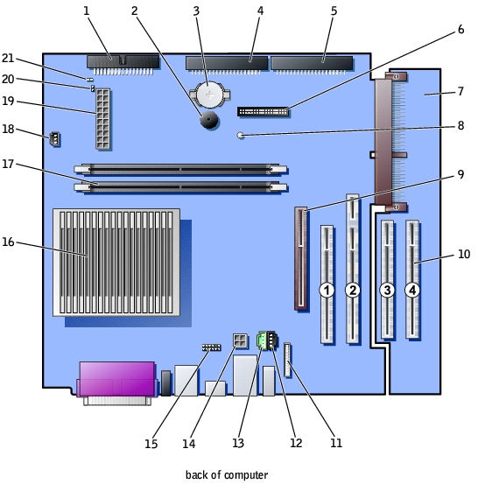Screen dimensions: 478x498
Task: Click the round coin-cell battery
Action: pyautogui.click(x=209, y=95)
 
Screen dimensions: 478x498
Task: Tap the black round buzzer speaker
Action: pyautogui.click(x=208, y=120)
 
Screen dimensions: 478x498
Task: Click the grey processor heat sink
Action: pyautogui.click(x=116, y=263)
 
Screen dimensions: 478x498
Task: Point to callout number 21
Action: pyautogui.click(x=8, y=58)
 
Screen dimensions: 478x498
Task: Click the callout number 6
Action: pyautogui.click(x=460, y=29)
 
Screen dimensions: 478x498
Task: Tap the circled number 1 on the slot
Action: pyautogui.click(x=327, y=290)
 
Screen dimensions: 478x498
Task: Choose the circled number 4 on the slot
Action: pyautogui.click(x=412, y=290)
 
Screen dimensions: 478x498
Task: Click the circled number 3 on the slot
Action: pyautogui.click(x=387, y=290)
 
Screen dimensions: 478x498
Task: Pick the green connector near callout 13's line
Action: pyautogui.click(x=262, y=340)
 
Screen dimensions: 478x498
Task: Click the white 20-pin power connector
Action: pyautogui.click(x=103, y=119)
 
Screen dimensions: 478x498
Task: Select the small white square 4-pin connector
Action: pyautogui.click(x=241, y=340)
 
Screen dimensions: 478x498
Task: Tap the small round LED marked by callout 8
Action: pyautogui.click(x=241, y=136)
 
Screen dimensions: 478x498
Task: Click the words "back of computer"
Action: pyautogui.click(x=227, y=475)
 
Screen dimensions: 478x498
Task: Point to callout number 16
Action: pyautogui.click(x=8, y=242)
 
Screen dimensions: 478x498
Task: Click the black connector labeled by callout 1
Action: pyautogui.click(x=123, y=61)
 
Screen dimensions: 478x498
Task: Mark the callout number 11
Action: pyautogui.click(x=336, y=443)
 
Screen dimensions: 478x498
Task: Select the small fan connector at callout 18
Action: pyautogui.click(x=55, y=139)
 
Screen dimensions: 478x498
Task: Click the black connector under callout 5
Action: pyautogui.click(x=312, y=63)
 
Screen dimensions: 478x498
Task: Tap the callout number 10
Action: pyautogui.click(x=464, y=254)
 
